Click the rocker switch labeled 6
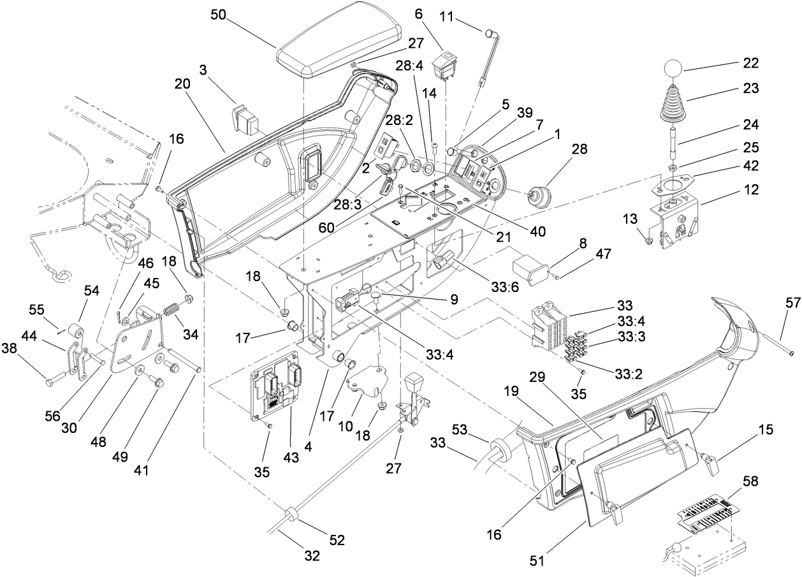[x=444, y=66]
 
